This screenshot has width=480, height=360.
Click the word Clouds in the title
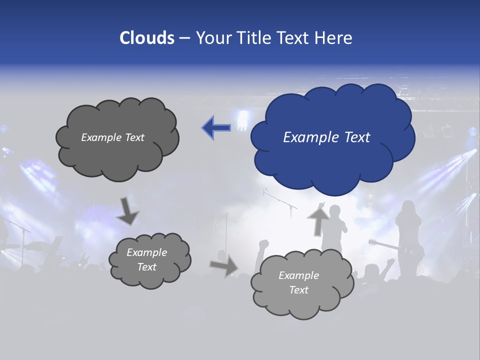[x=147, y=38]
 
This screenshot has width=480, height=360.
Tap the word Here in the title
[x=334, y=38]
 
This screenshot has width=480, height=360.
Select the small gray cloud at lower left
[x=149, y=259]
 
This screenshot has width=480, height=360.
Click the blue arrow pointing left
[x=216, y=127]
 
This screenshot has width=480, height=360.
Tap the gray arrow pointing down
[x=127, y=211]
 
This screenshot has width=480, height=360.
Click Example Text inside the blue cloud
[x=326, y=137]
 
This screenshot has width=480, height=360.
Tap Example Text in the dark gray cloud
[x=112, y=137]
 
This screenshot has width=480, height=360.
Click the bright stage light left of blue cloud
[x=243, y=120]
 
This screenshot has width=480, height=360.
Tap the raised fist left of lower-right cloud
[x=263, y=244]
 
